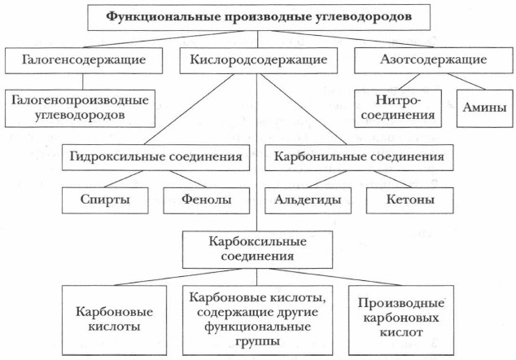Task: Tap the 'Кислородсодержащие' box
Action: [x=258, y=59]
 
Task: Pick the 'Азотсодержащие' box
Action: [x=434, y=59]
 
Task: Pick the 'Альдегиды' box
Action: [x=306, y=198]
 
